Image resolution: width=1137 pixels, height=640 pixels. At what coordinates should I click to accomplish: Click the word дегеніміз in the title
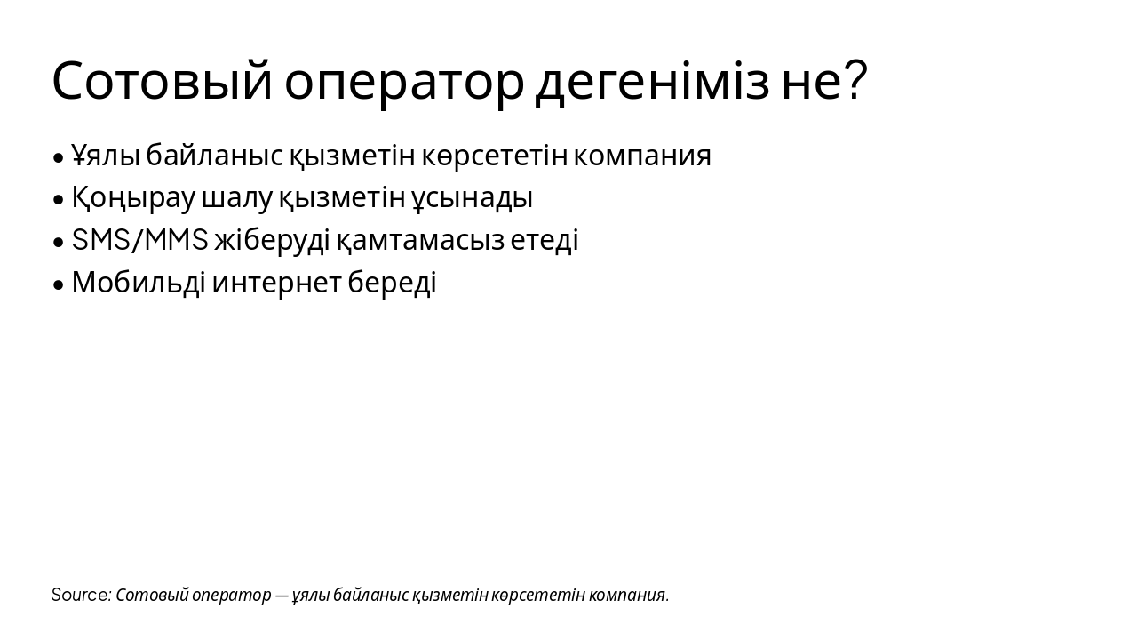click(x=652, y=82)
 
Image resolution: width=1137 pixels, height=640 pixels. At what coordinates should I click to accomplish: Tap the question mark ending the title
click(x=854, y=80)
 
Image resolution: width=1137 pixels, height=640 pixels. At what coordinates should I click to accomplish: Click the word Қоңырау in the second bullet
click(x=133, y=198)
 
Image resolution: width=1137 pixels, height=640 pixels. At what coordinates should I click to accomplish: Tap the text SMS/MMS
click(x=139, y=240)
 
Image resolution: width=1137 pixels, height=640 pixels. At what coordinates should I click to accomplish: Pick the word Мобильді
click(x=139, y=283)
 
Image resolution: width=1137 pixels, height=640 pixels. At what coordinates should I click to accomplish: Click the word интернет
click(x=276, y=283)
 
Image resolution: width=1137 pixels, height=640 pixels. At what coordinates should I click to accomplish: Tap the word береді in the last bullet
click(x=392, y=283)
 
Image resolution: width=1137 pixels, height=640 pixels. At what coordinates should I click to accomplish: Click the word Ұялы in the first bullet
click(x=106, y=156)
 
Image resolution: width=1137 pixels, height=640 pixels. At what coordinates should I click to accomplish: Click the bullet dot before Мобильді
click(x=59, y=284)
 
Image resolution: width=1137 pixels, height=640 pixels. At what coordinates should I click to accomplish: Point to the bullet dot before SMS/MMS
click(x=59, y=242)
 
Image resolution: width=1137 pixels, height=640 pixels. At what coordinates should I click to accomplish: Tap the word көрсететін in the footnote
click(x=537, y=595)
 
